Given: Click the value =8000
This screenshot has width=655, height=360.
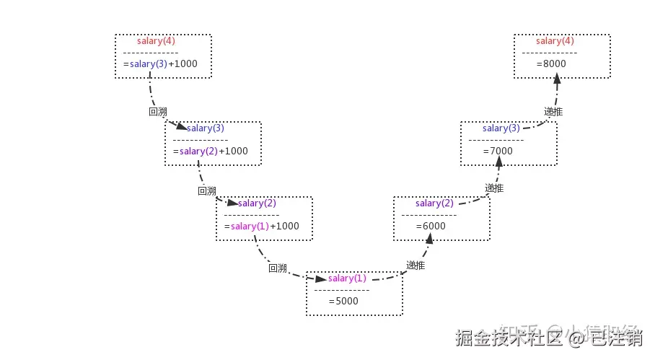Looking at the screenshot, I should [x=551, y=63].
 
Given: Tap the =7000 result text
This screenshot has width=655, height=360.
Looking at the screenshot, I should [x=498, y=151].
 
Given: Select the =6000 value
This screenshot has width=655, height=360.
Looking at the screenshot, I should [x=431, y=226].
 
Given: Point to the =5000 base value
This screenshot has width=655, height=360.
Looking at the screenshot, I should [x=343, y=301].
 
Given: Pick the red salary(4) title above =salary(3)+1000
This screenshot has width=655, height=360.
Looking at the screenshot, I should [x=156, y=41].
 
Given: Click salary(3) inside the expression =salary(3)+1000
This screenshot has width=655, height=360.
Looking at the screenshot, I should [x=149, y=63].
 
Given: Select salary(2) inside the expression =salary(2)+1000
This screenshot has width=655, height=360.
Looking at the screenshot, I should [x=198, y=151].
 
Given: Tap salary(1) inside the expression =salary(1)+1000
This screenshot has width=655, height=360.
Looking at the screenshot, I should [x=250, y=226].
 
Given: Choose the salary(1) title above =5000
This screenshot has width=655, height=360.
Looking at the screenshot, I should [x=347, y=278].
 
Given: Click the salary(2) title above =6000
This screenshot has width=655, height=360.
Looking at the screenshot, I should [x=434, y=203].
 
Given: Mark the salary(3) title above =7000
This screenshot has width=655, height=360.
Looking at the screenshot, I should [x=501, y=128].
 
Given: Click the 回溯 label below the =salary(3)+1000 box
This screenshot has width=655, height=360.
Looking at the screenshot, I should [x=157, y=112].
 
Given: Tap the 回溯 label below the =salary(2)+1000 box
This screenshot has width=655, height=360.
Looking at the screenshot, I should [x=207, y=191].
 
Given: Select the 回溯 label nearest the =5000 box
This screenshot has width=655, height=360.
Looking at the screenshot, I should [x=278, y=268].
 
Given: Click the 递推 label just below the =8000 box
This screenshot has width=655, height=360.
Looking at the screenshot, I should [x=553, y=112].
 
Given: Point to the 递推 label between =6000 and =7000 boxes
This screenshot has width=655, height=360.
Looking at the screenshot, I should [x=494, y=188].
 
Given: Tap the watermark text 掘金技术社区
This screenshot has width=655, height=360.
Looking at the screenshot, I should [x=509, y=338].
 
